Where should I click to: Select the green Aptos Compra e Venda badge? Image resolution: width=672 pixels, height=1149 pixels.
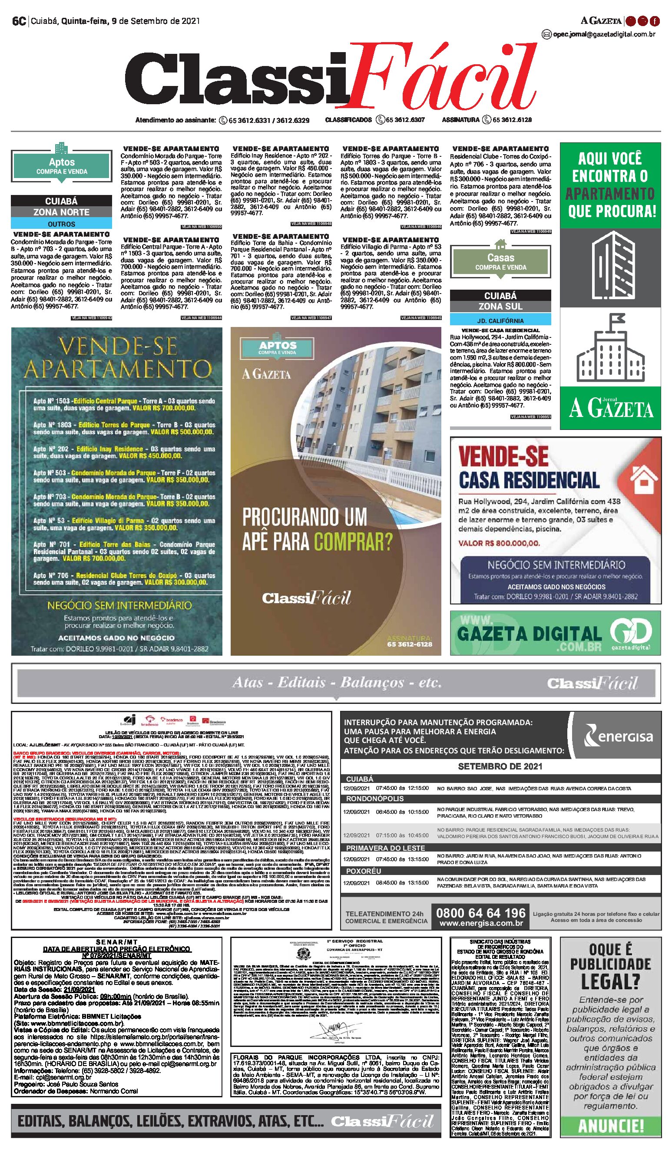coord(62,166)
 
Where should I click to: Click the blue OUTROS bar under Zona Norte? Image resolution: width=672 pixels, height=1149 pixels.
coord(62,224)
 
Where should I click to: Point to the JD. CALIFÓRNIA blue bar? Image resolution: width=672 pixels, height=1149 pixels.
coord(500,320)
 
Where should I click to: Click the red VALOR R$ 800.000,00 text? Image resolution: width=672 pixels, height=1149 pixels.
coord(499,543)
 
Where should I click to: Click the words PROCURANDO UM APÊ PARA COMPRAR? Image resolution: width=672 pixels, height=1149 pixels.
coord(317,529)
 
